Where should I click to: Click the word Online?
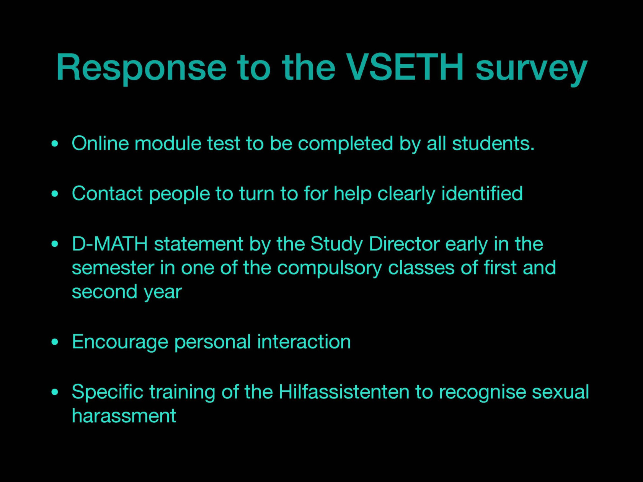100,143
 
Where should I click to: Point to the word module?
168,143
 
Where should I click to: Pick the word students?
493,143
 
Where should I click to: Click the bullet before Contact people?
55,194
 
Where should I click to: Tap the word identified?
482,193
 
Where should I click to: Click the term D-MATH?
110,244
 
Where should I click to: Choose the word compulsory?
329,269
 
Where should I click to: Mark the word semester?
113,268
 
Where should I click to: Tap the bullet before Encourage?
55,342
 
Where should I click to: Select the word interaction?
304,342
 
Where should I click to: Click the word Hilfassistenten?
344,392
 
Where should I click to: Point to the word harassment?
124,415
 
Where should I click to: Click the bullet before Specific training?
55,392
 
